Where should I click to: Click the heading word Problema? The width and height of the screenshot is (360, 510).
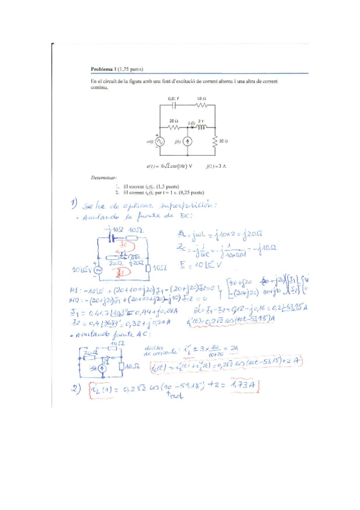[x=102, y=69]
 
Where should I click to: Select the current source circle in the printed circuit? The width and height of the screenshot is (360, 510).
[x=187, y=142]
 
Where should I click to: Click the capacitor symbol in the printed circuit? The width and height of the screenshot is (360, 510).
[x=174, y=105]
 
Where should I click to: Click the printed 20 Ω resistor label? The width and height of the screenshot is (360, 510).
[x=173, y=121]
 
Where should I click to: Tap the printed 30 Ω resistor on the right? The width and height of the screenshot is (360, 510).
[x=215, y=142]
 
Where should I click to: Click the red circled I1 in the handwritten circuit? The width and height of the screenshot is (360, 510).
[x=123, y=271]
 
